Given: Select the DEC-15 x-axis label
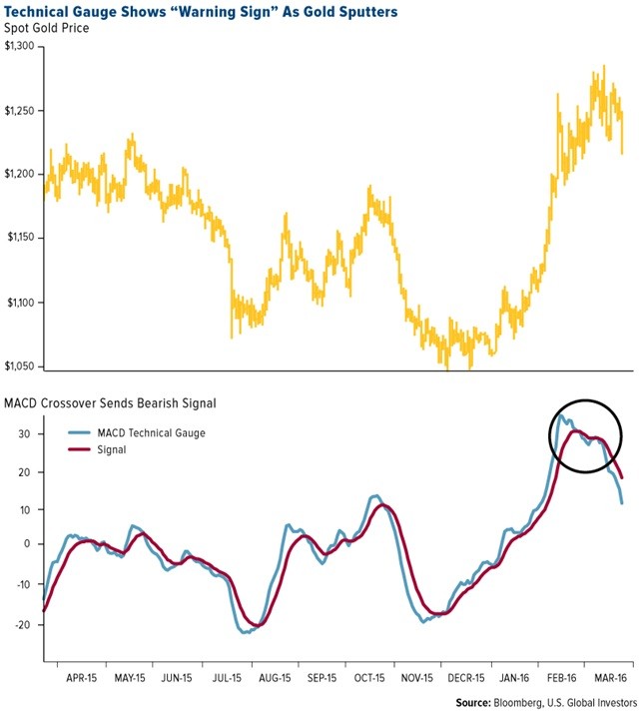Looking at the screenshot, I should click(x=467, y=676).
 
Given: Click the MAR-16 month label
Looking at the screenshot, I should click(x=610, y=676).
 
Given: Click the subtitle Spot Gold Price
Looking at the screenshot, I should click(x=48, y=28).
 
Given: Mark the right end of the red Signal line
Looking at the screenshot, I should click(x=623, y=476).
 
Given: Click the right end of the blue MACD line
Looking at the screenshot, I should click(x=623, y=502).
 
